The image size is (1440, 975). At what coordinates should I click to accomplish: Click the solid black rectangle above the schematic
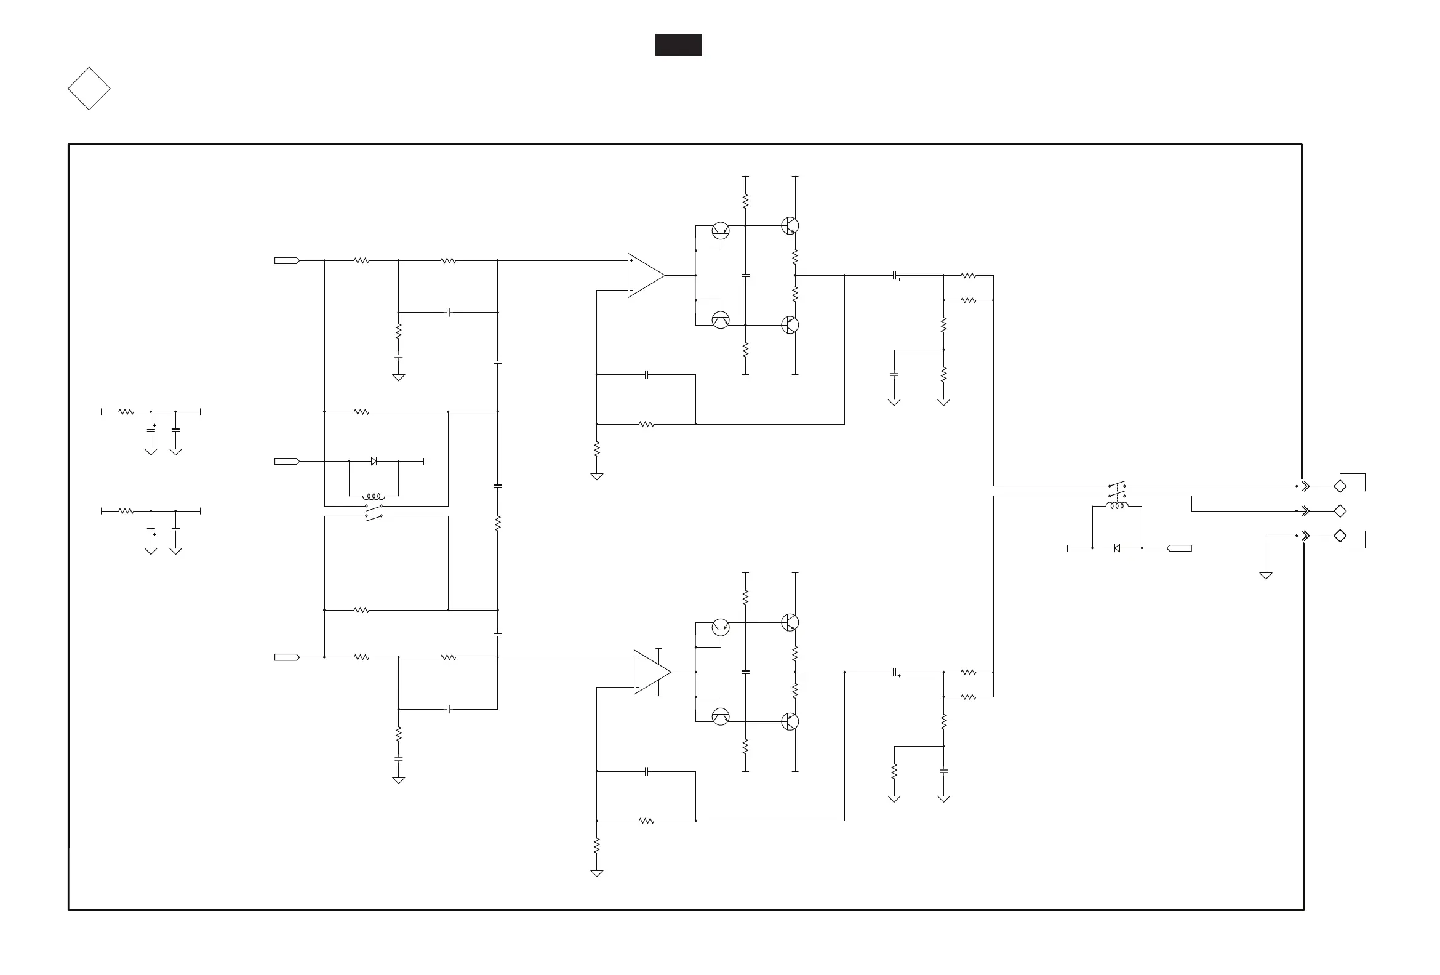(679, 45)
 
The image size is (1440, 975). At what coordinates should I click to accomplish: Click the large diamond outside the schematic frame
(89, 89)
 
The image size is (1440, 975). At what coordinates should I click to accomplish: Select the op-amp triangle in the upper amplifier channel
(645, 275)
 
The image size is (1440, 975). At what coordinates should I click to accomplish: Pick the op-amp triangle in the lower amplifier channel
(651, 672)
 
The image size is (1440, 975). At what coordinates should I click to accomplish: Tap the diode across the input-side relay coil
(374, 461)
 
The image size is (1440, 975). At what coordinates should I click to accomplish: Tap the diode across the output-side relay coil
(1116, 548)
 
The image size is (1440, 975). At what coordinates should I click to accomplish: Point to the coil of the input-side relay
(374, 497)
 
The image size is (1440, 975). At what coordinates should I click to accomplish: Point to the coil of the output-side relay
(1116, 507)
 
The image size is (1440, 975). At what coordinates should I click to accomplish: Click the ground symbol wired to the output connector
(1266, 575)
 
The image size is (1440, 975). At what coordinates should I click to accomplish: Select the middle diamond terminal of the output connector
(1340, 511)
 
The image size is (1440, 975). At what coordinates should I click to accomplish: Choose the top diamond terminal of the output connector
(1340, 486)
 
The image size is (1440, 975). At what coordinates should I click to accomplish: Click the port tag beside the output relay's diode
(1179, 548)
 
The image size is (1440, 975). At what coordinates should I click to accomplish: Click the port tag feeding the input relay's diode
(287, 461)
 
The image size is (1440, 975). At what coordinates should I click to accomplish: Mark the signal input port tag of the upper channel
(287, 260)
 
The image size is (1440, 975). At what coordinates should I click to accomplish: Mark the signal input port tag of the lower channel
(287, 657)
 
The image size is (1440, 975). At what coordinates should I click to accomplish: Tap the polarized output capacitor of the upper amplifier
(895, 275)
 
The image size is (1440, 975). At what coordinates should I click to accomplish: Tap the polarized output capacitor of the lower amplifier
(895, 672)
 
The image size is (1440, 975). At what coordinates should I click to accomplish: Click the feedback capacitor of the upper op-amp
(646, 374)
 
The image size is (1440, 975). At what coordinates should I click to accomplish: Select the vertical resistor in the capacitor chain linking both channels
(498, 524)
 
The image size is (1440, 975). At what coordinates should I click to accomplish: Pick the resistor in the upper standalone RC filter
(126, 412)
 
